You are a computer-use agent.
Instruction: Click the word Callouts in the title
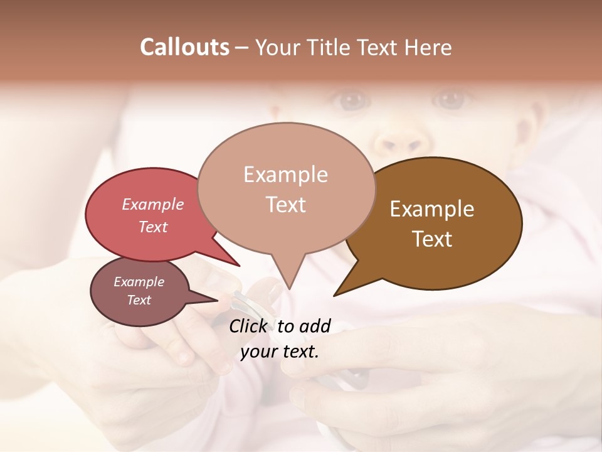coord(184,47)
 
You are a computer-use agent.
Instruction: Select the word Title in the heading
coord(330,47)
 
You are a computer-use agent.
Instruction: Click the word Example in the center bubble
coord(285,175)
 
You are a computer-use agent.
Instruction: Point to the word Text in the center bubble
coord(285,205)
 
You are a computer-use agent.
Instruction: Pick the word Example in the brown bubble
coord(432,209)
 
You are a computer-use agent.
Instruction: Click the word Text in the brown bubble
coord(432,239)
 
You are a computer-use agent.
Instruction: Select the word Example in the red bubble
coord(153,205)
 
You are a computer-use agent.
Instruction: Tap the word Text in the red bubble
coord(153,227)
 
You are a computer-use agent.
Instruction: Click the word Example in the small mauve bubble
coord(139,282)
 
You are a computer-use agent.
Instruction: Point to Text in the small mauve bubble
coord(139,300)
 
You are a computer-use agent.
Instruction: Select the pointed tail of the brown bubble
coord(339,292)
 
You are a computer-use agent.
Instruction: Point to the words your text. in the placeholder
coord(280,352)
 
